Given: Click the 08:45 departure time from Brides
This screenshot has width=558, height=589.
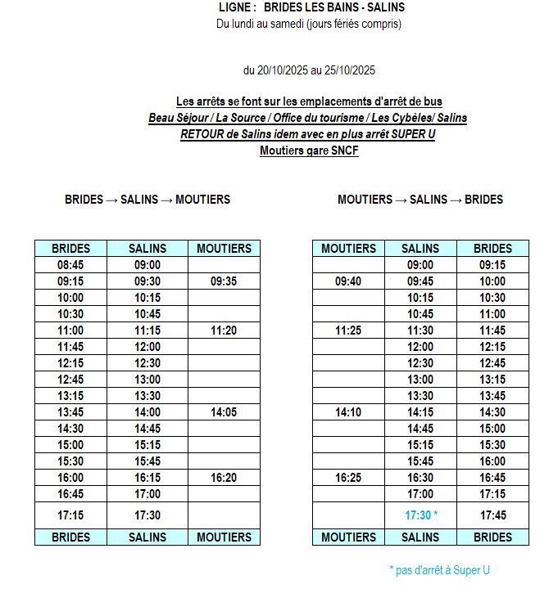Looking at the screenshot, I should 70,265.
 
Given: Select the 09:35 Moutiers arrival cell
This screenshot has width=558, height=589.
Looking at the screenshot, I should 224,281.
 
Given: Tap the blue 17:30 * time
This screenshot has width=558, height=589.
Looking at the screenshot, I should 421,515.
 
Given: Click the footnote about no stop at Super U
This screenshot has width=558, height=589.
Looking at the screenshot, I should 439,570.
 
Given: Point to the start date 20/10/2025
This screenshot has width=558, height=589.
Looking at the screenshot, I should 283,70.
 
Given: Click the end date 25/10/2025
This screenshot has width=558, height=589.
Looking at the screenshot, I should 349,70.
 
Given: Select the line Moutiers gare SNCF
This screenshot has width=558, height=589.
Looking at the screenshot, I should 309,151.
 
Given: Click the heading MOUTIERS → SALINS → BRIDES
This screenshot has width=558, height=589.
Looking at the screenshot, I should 420,199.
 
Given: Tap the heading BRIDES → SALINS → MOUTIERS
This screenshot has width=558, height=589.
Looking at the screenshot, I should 147,199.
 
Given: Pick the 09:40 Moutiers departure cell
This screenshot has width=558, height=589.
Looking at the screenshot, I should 349,281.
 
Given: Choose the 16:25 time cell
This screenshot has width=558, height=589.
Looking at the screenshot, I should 349,478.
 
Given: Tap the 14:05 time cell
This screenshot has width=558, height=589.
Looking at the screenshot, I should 224,412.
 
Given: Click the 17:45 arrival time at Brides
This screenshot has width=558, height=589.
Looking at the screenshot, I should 492,515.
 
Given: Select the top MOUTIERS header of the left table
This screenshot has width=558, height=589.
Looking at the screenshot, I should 224,248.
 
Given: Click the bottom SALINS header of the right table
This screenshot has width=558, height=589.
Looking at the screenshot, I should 420,537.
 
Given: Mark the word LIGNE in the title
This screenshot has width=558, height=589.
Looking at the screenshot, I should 238,7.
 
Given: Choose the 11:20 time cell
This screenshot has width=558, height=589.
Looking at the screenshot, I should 224,330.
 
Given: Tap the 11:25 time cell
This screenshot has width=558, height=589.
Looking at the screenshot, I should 349,330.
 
